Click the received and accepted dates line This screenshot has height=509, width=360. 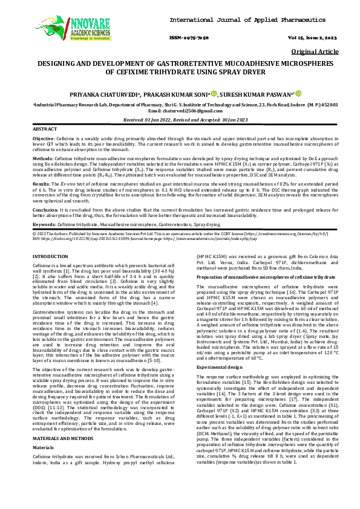click(180, 120)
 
